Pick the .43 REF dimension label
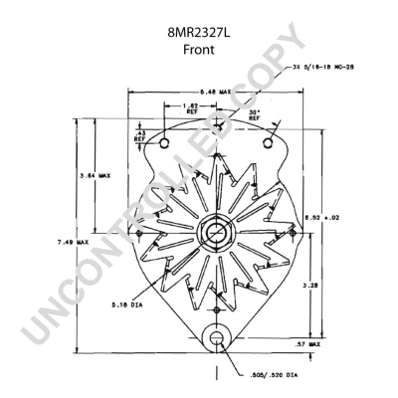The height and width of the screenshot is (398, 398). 139,134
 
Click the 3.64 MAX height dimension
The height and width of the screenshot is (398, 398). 95,176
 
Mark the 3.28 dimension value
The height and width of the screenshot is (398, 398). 310,284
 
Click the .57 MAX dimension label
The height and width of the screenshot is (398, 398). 309,343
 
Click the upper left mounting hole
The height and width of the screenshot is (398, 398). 163,148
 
